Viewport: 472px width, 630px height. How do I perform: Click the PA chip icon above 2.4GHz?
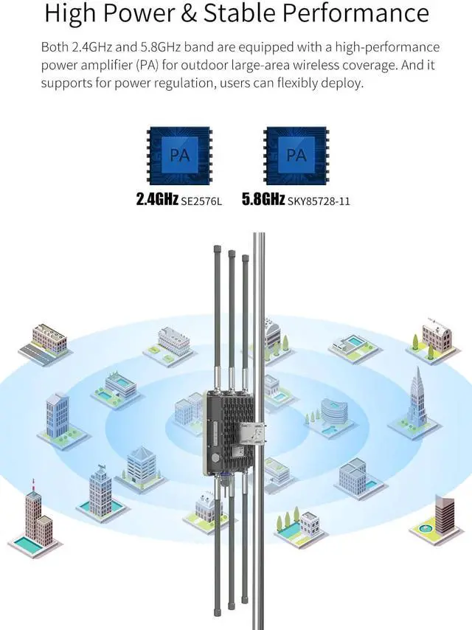click(x=178, y=156)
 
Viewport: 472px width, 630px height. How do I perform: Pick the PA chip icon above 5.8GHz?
click(x=295, y=156)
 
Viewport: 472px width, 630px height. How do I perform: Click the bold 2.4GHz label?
click(x=157, y=199)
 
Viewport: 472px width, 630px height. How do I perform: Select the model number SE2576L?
click(x=201, y=200)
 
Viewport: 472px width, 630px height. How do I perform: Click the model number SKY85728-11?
click(x=319, y=200)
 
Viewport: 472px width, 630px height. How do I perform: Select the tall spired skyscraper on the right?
click(x=417, y=402)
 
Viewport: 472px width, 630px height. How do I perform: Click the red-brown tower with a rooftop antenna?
click(x=33, y=516)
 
